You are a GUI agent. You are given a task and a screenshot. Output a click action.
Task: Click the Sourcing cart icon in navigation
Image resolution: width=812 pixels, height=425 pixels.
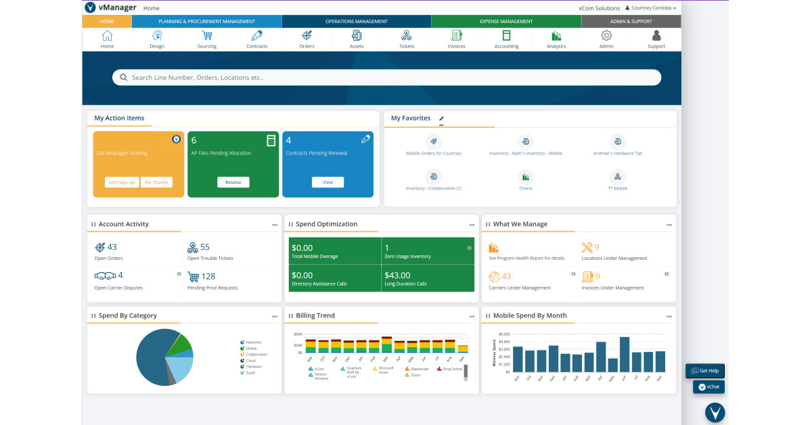206,36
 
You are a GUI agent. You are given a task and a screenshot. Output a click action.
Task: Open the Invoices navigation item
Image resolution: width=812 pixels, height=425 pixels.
456,36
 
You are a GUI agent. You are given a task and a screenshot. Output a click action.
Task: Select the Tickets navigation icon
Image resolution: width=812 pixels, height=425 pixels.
406,36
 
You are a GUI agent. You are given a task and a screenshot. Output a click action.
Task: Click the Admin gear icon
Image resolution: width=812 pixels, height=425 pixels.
606,36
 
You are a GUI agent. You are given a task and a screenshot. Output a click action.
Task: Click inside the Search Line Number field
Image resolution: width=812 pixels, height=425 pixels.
386,77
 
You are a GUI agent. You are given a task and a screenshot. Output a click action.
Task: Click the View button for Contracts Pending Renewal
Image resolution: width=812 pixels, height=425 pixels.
328,182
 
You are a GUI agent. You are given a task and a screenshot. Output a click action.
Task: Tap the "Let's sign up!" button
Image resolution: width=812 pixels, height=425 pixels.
122,182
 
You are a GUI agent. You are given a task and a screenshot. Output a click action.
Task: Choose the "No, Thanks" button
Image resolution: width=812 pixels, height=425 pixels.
156,182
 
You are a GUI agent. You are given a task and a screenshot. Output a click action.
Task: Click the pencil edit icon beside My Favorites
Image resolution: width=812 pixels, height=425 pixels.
442,118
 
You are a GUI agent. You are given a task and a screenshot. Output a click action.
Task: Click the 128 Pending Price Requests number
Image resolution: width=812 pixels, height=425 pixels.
208,276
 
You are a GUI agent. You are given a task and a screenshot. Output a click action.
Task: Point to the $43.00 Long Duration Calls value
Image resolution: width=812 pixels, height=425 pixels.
397,275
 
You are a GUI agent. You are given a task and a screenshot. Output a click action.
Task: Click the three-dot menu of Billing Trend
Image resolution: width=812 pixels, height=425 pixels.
472,316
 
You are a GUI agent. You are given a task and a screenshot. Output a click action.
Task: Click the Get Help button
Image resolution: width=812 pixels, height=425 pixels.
704,371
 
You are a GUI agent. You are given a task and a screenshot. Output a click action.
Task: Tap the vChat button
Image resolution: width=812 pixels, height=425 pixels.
708,387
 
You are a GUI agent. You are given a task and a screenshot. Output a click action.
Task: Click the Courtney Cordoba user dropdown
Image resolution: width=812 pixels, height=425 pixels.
650,8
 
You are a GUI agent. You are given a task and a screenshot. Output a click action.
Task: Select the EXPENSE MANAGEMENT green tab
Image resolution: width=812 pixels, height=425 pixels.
505,22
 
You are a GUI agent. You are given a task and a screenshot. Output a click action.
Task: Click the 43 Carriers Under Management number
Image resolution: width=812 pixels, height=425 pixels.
506,276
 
